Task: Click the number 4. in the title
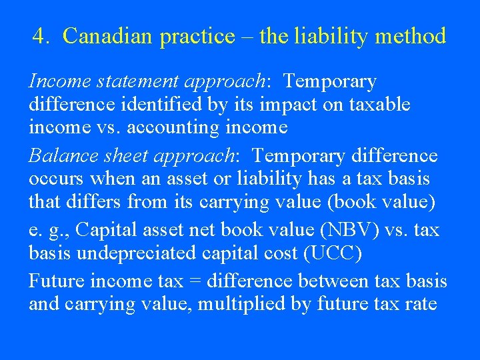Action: click(x=41, y=36)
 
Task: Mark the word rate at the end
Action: click(x=421, y=305)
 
